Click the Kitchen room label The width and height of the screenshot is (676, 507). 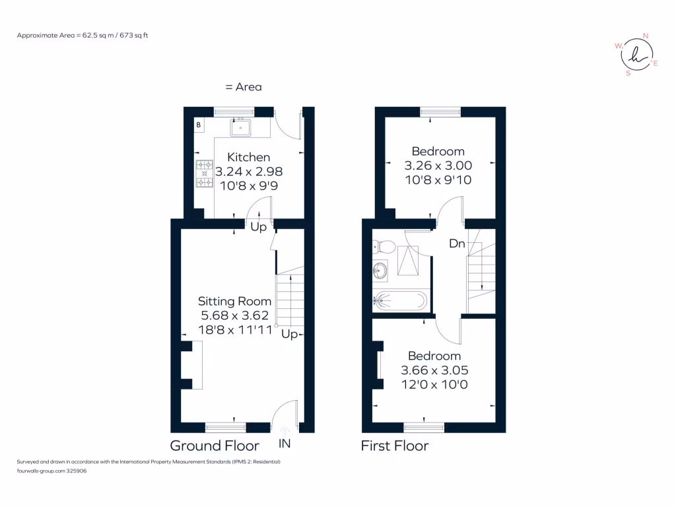tap(248, 157)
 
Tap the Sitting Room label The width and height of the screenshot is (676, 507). tap(235, 301)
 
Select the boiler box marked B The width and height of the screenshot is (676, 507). tap(199, 125)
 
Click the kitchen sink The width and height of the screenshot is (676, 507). tap(241, 127)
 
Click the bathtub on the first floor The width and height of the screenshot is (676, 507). tap(400, 302)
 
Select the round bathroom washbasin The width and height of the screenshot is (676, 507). tap(380, 270)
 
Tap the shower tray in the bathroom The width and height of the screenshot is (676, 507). tap(407, 260)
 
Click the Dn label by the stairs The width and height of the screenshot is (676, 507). tap(457, 244)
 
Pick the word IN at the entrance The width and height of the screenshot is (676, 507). tap(285, 444)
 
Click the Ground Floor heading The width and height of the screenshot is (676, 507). tap(215, 446)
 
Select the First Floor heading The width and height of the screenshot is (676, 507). tap(394, 446)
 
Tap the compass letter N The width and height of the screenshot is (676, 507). tap(646, 36)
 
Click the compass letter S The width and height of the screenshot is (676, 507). tap(628, 73)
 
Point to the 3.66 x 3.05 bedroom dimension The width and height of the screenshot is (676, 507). tap(434, 370)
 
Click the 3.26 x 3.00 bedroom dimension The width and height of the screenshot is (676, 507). tap(438, 165)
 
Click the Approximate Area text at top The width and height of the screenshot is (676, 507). tap(82, 35)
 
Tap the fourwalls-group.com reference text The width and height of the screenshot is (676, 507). tap(51, 471)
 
